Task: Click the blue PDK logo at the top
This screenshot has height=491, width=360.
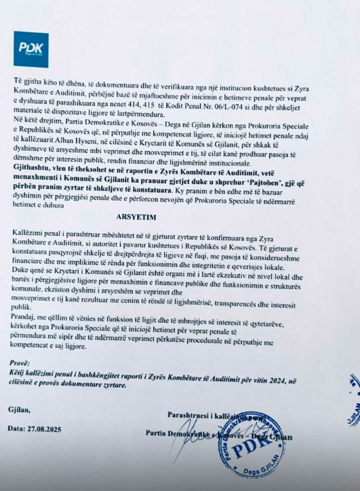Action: point(31,49)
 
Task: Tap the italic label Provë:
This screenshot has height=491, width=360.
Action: point(22,362)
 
